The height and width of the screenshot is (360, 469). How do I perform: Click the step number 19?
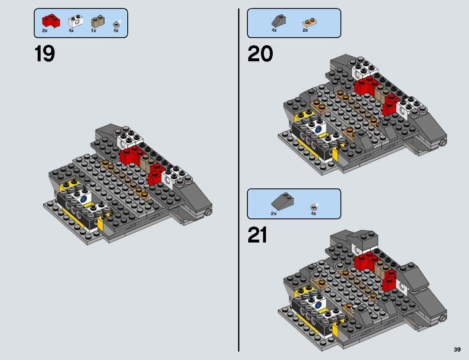pyautogui.click(x=44, y=54)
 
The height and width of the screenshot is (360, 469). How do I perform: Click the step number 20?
pyautogui.click(x=260, y=54)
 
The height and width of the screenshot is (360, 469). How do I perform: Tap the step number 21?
pyautogui.click(x=257, y=235)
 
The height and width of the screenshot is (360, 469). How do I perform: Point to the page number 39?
pyautogui.click(x=457, y=349)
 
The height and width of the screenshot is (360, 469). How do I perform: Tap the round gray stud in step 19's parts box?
pyautogui.click(x=116, y=25)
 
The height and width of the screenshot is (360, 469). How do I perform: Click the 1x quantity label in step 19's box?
pyautogui.click(x=93, y=31)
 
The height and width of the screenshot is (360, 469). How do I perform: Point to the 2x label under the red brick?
pyautogui.click(x=45, y=31)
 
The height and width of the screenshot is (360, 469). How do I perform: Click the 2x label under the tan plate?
pyautogui.click(x=305, y=30)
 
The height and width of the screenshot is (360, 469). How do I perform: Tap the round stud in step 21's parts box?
pyautogui.click(x=314, y=206)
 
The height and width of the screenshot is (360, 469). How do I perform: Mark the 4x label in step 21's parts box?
pyautogui.click(x=313, y=214)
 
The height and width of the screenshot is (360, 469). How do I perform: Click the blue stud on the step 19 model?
pyautogui.click(x=84, y=199)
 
